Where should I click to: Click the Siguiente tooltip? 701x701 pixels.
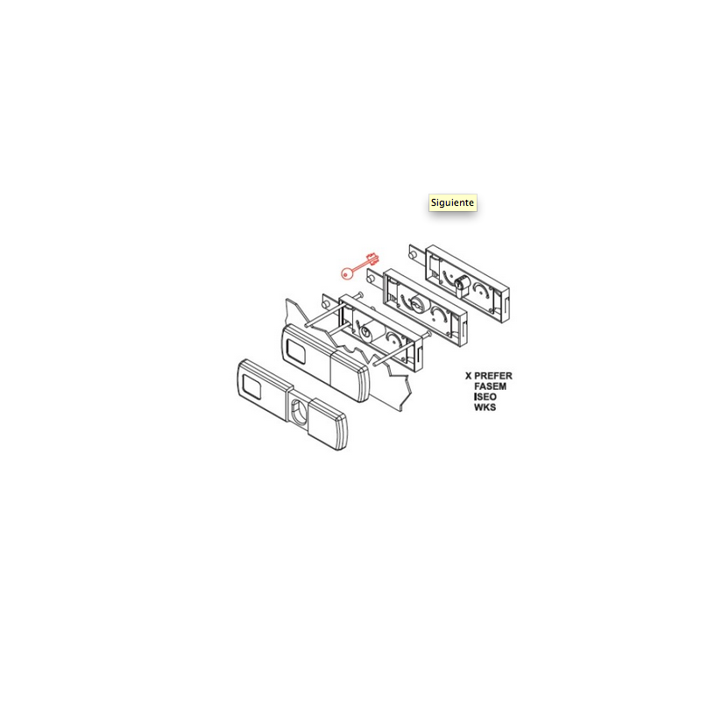pyautogui.click(x=452, y=202)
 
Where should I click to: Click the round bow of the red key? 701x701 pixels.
pyautogui.click(x=347, y=273)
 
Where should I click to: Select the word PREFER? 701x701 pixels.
pyautogui.click(x=493, y=376)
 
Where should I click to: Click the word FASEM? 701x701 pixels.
pyautogui.click(x=491, y=386)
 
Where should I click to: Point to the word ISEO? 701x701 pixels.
pyautogui.click(x=485, y=397)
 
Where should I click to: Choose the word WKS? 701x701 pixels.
pyautogui.click(x=485, y=407)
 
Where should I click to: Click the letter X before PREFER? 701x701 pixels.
pyautogui.click(x=469, y=376)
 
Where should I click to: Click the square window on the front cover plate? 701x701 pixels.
pyautogui.click(x=251, y=386)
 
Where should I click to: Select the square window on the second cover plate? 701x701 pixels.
pyautogui.click(x=296, y=350)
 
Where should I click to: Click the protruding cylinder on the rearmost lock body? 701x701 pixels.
pyautogui.click(x=463, y=287)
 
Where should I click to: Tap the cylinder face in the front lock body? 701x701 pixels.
pyautogui.click(x=366, y=332)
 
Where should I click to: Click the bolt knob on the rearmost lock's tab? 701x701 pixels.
pyautogui.click(x=413, y=255)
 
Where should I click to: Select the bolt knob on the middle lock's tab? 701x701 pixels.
pyautogui.click(x=370, y=279)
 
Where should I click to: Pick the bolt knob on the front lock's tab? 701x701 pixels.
pyautogui.click(x=325, y=304)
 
